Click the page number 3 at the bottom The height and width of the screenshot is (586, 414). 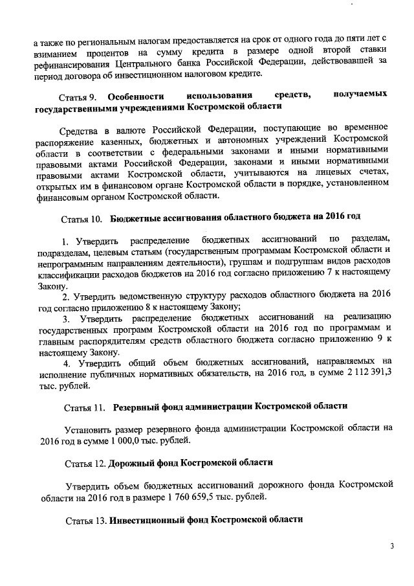(x=391, y=546)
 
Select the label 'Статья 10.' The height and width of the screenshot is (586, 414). (x=81, y=216)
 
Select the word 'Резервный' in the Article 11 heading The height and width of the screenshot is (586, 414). (x=136, y=407)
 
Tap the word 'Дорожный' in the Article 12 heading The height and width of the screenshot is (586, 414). (x=132, y=464)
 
